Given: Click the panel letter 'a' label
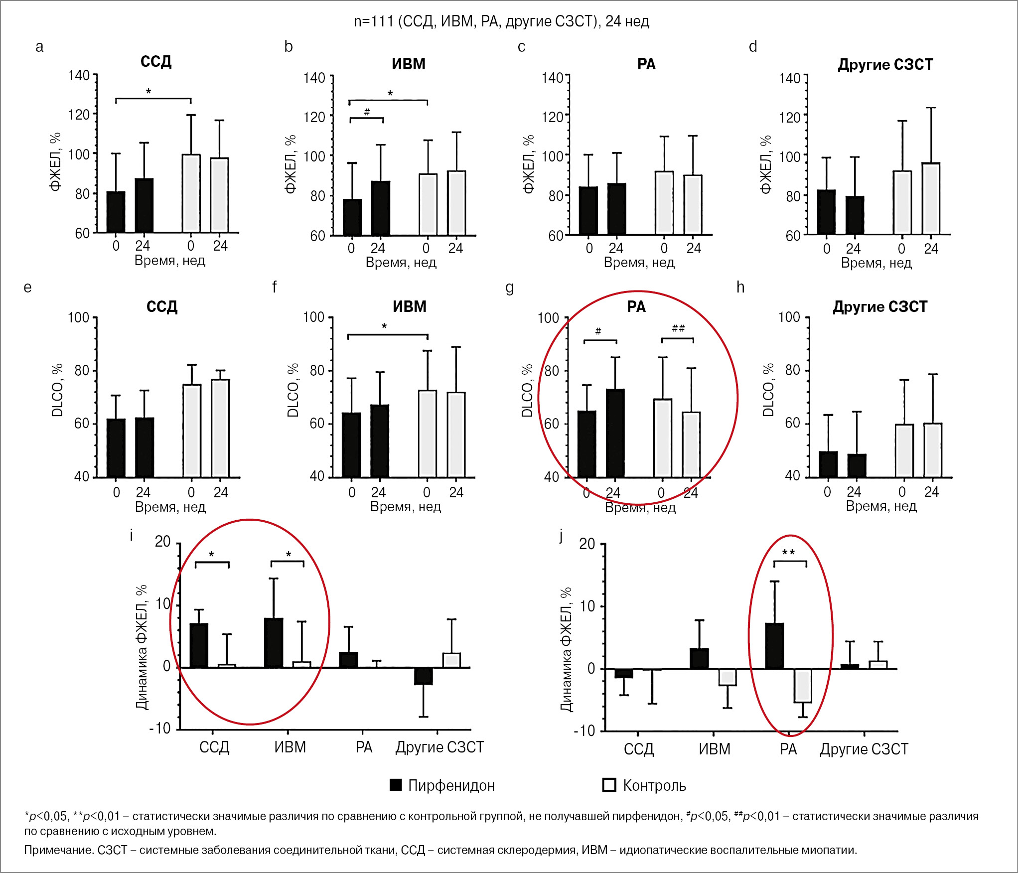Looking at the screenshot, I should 39,47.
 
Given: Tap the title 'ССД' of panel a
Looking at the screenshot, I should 156,62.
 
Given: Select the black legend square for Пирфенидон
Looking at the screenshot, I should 396,785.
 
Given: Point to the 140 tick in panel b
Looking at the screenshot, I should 314,78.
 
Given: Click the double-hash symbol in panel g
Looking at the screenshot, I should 678,328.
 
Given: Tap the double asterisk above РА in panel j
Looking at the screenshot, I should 789,552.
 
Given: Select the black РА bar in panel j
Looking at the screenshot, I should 774,646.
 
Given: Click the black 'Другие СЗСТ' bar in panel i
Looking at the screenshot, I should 424,676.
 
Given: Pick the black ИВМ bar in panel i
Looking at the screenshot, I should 274,643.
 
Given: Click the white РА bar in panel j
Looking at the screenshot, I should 803,686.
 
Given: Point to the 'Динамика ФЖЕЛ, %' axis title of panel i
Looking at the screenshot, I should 142,647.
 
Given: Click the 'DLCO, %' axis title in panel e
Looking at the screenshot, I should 57,390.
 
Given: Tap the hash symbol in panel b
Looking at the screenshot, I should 367,112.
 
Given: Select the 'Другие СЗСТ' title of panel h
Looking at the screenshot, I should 880,306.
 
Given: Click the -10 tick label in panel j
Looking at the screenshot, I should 584,731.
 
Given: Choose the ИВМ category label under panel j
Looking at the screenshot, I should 714,749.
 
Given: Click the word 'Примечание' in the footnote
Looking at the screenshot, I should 58,850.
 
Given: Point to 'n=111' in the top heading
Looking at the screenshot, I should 373,21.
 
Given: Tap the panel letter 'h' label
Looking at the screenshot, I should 740,287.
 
